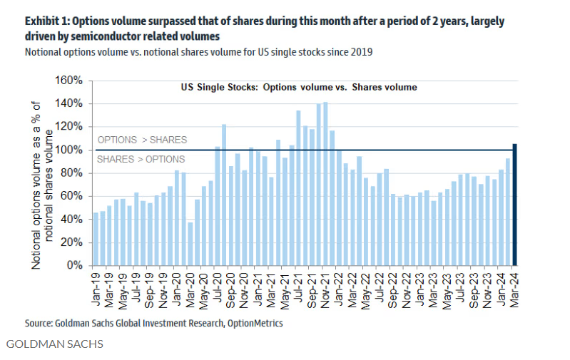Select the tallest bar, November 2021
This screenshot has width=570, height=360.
click(x=325, y=184)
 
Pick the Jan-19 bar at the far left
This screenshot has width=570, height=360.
click(x=96, y=239)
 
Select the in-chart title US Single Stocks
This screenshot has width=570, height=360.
click(x=298, y=87)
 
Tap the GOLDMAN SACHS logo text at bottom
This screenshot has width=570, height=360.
click(x=54, y=345)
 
